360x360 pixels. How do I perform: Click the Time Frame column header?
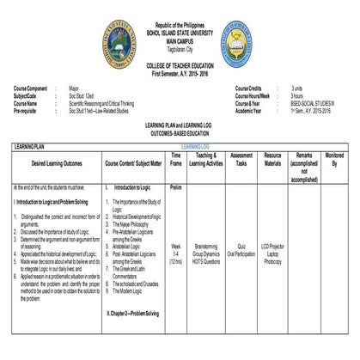[x=176, y=159]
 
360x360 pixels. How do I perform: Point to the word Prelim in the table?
[x=176, y=186]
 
